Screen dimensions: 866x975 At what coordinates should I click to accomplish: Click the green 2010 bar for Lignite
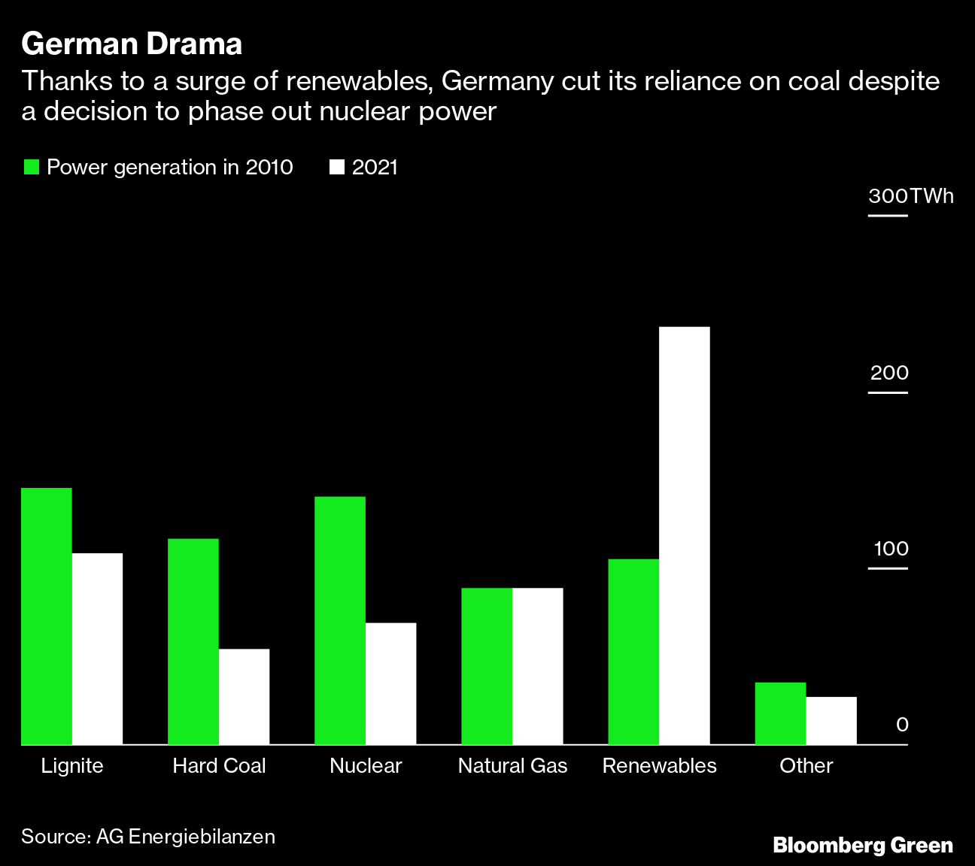click(x=47, y=616)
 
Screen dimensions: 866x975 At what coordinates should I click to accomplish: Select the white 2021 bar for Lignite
click(x=97, y=649)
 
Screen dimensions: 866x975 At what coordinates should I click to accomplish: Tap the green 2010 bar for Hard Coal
click(x=193, y=641)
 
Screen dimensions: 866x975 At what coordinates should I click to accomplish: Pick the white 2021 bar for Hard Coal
click(x=244, y=697)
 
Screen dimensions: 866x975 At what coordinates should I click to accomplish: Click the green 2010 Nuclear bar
click(x=340, y=620)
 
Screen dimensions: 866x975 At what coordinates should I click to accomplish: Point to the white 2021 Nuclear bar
click(x=390, y=683)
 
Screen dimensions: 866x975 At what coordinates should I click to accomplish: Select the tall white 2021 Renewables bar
click(x=684, y=535)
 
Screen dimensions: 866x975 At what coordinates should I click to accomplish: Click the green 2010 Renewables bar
click(x=633, y=652)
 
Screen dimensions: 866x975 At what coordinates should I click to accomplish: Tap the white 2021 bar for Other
click(x=831, y=720)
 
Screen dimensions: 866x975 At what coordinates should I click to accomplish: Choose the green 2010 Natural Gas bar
click(x=487, y=666)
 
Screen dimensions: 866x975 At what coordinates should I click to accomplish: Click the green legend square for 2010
click(x=31, y=167)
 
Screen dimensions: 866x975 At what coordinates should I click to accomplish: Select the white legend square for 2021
click(x=337, y=167)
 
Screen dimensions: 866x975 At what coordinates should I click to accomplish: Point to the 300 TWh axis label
click(x=910, y=196)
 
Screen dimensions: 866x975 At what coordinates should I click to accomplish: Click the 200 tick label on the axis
click(x=889, y=373)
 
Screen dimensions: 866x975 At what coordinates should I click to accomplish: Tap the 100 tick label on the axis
click(x=891, y=549)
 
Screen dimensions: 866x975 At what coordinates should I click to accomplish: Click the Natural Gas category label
click(x=512, y=766)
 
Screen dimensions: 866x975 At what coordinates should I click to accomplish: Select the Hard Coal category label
click(x=219, y=766)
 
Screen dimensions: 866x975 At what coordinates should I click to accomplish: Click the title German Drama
click(x=132, y=44)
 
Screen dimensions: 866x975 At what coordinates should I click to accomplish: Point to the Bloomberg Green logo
click(x=863, y=845)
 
